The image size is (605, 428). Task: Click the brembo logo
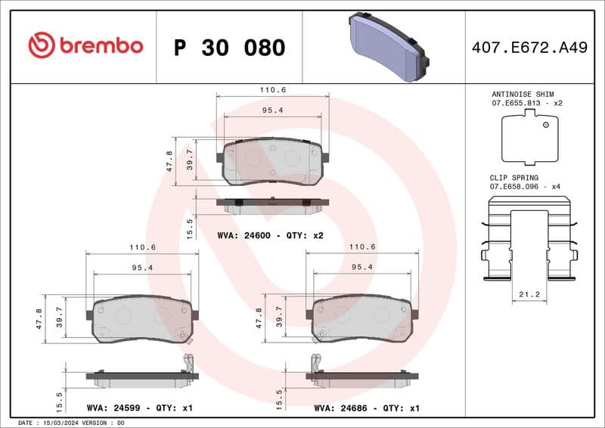click(x=85, y=46)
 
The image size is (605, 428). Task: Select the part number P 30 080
click(x=229, y=48)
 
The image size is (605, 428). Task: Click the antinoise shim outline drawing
click(x=529, y=137)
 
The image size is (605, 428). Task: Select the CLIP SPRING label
click(x=514, y=177)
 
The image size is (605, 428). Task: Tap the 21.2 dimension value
click(x=529, y=294)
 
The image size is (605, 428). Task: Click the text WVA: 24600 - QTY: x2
click(x=270, y=236)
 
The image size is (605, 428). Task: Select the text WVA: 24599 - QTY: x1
click(x=140, y=408)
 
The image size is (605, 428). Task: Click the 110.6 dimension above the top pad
click(x=273, y=89)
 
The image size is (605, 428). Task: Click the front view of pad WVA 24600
click(x=272, y=161)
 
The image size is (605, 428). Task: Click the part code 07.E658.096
click(x=517, y=186)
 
